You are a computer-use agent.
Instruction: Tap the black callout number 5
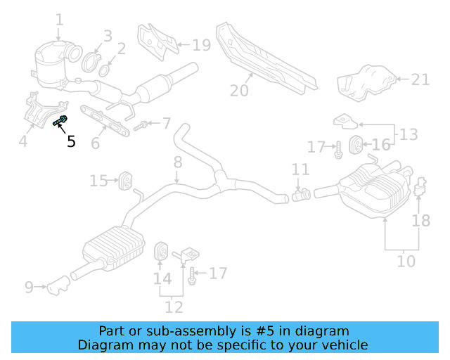71,141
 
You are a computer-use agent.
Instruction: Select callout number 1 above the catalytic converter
59,20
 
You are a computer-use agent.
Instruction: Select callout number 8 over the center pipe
178,162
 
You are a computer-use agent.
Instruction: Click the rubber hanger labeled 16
356,144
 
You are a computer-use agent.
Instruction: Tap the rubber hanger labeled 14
160,251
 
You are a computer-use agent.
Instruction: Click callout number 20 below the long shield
239,90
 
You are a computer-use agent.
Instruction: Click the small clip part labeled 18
420,188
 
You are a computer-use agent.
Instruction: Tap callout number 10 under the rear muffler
406,262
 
